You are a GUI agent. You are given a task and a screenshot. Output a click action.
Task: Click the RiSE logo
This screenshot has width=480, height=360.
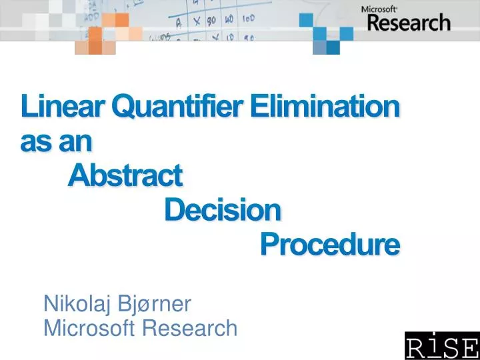(x=441, y=346)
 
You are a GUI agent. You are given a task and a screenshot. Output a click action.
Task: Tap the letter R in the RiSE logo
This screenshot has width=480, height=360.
(x=415, y=347)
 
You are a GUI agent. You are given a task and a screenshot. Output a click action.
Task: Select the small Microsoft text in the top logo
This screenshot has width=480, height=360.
(x=379, y=9)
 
